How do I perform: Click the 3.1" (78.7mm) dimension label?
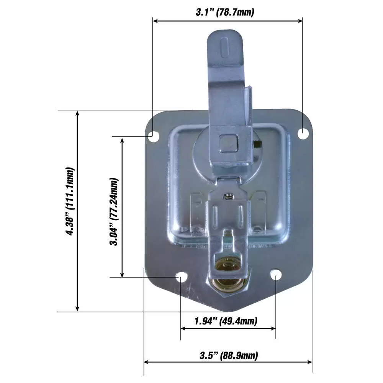[225, 12]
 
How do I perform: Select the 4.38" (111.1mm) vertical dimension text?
[70, 201]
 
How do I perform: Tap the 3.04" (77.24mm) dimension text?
[114, 211]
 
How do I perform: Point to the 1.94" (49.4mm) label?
[225, 320]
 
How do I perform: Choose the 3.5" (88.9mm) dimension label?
[229, 355]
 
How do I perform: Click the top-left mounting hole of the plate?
[153, 135]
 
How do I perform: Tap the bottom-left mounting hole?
[180, 277]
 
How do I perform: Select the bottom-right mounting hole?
[276, 275]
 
